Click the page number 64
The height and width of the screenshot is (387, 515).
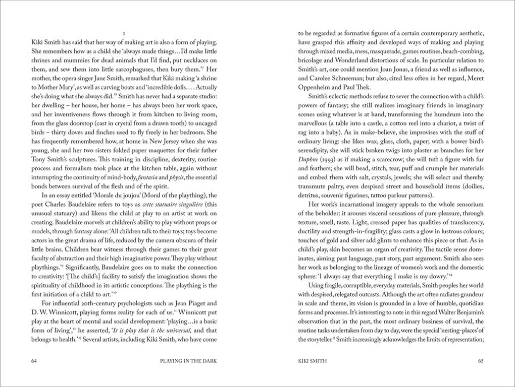[x=34, y=361]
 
